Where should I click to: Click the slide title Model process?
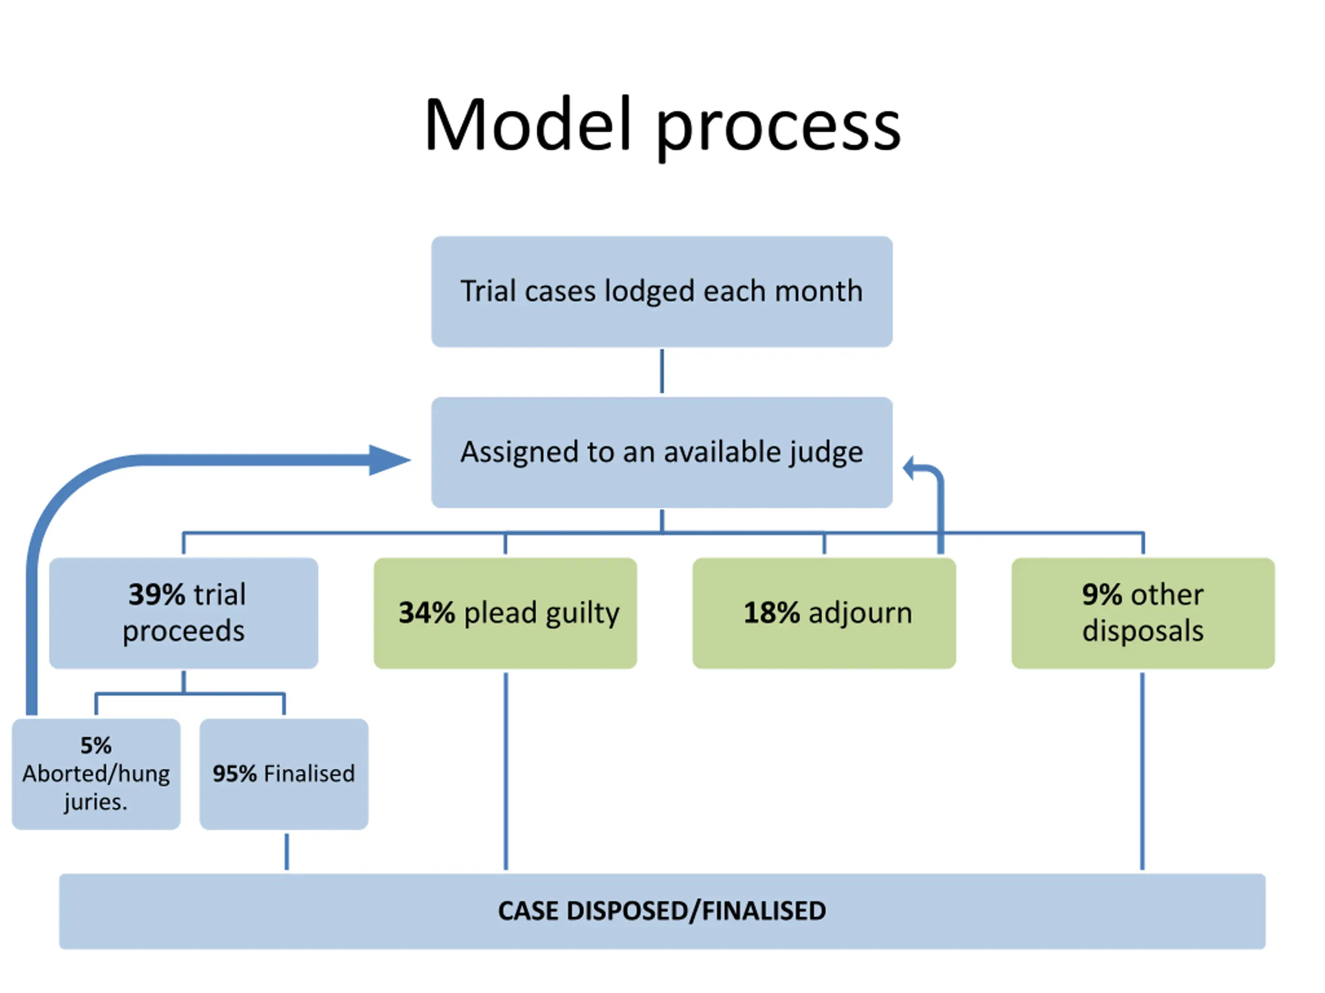tap(662, 126)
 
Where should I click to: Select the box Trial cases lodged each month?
tap(662, 292)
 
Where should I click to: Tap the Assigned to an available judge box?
tap(662, 452)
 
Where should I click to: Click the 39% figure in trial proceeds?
tap(157, 594)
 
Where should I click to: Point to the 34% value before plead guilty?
tap(427, 613)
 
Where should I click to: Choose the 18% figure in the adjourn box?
tap(772, 613)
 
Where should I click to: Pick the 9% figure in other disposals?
tap(1102, 594)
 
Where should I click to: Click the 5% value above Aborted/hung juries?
tap(96, 746)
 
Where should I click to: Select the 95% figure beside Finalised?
tap(235, 774)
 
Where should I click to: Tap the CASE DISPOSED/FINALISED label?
tap(662, 911)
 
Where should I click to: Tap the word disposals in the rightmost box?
tap(1143, 631)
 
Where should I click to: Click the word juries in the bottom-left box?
tap(95, 802)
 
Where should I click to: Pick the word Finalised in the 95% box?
tap(310, 774)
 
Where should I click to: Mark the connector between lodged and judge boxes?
tap(662, 372)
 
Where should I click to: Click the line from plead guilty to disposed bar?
tap(506, 771)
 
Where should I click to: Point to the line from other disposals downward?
tap(1142, 771)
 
